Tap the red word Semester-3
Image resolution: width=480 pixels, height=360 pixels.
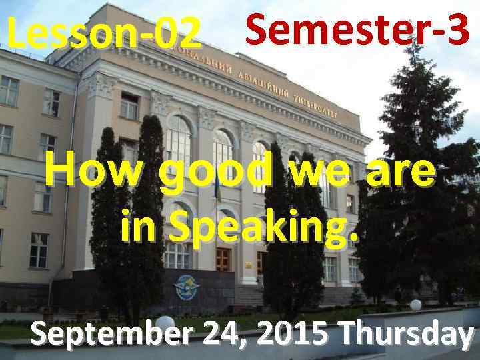(x=357, y=29)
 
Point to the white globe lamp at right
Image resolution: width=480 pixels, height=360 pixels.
(x=416, y=305)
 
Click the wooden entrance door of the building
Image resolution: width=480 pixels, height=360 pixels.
(x=223, y=261)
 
